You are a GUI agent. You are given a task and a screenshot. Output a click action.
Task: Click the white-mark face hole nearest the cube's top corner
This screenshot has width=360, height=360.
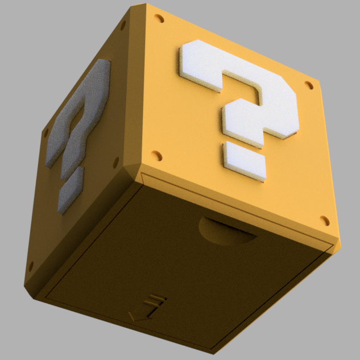(159, 19)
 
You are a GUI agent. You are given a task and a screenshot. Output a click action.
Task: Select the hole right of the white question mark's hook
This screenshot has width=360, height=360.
(309, 85)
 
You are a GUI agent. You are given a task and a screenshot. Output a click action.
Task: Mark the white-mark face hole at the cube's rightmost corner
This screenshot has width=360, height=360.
(325, 220)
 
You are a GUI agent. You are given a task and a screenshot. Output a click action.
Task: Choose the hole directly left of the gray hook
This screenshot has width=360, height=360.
(45, 133)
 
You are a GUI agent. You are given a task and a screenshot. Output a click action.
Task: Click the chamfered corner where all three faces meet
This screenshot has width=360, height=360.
(135, 168)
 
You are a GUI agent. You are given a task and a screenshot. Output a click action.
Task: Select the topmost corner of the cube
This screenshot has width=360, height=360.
(147, 7)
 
